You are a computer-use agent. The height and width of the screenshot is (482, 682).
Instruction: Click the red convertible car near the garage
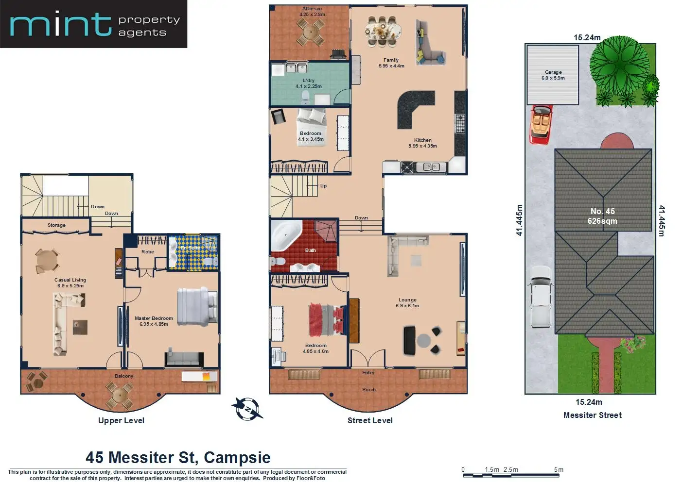pos(541,124)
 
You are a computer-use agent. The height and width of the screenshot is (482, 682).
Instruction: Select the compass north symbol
pos(247,409)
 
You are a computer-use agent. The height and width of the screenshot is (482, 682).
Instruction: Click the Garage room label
pos(553,72)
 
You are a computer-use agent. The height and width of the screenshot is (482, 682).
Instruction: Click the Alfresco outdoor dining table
pos(311,32)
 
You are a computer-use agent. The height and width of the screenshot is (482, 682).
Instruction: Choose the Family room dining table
pos(383,32)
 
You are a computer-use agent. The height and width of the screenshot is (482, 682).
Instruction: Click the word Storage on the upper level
pos(56,225)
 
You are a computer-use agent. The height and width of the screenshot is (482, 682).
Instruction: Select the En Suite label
pos(190,248)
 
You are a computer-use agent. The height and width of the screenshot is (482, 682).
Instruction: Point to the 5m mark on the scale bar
pos(559,470)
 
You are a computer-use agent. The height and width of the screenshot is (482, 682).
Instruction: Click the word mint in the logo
pos(61,24)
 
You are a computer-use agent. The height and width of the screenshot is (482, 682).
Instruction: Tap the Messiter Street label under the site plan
pos(592,415)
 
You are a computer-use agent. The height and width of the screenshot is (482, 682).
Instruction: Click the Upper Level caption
pos(121,420)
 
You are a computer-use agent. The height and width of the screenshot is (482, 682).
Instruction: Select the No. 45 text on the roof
pos(603,211)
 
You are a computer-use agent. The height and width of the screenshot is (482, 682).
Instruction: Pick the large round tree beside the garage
pos(619,66)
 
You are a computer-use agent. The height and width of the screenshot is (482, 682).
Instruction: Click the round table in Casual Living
pos(47,261)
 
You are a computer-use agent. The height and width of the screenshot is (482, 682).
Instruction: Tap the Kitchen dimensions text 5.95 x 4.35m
pos(422,146)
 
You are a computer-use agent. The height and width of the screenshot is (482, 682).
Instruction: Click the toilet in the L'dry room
pos(305,97)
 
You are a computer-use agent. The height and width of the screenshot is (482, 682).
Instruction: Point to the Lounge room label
pos(407,300)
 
